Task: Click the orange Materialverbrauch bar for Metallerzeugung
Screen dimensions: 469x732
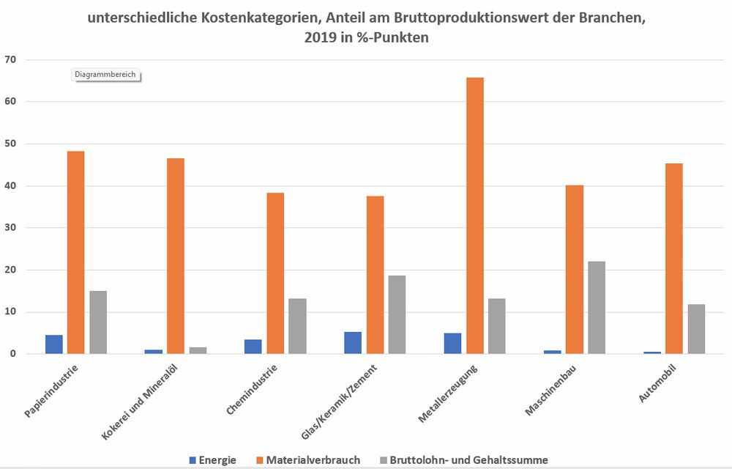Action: [474, 215]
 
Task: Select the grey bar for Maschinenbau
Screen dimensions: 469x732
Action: [596, 308]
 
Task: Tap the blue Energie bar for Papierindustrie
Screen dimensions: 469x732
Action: [54, 344]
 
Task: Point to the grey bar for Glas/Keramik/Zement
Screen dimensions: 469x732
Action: [397, 314]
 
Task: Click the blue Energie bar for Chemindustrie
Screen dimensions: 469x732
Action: [253, 347]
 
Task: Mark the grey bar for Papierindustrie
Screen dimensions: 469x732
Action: [98, 322]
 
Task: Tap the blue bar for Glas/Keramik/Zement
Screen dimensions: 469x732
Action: [353, 343]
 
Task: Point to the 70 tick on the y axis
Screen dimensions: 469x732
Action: [10, 59]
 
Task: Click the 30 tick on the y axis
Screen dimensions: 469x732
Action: [10, 228]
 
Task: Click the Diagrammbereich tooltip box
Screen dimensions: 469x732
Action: [105, 74]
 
